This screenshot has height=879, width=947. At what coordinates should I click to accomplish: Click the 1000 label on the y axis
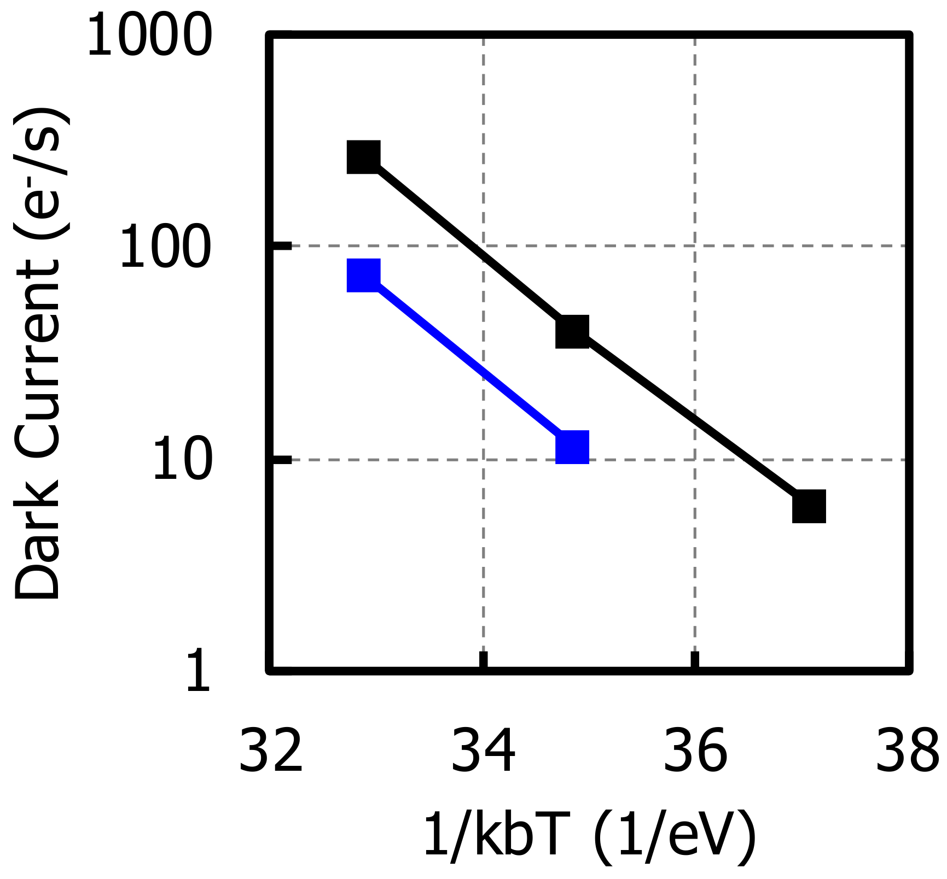[149, 36]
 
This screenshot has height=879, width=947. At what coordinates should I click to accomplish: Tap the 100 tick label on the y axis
[165, 248]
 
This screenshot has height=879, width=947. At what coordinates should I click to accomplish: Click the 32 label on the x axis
[271, 751]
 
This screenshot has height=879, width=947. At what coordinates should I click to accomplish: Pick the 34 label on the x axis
[483, 751]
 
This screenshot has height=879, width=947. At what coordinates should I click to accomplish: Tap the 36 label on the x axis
[695, 751]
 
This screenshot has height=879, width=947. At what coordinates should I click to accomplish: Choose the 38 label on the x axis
[907, 751]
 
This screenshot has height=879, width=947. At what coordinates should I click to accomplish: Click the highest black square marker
[364, 156]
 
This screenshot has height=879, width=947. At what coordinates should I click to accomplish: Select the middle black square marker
[572, 331]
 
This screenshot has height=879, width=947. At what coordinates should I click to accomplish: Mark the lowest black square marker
[809, 506]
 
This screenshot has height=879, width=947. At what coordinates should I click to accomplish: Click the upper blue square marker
[364, 275]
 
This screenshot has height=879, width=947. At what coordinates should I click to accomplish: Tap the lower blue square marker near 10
[572, 447]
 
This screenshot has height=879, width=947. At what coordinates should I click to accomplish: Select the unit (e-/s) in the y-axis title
[41, 172]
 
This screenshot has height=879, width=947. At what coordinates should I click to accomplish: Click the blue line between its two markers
[468, 361]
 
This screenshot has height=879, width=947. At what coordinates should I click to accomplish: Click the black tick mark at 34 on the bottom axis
[483, 660]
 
